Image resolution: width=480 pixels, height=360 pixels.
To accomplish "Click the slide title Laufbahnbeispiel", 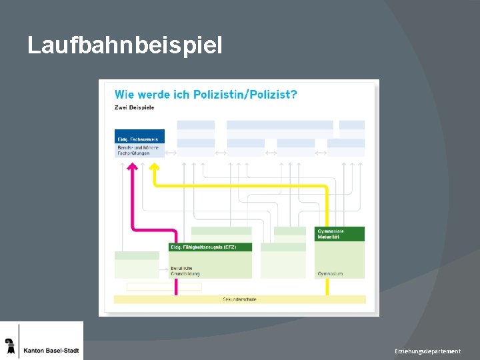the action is tap(125, 45).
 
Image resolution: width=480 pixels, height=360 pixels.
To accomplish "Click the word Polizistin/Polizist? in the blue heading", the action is tap(245, 95).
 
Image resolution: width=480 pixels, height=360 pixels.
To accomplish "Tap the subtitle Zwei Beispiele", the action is tap(135, 107).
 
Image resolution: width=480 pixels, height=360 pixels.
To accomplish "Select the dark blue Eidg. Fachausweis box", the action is tap(139, 137).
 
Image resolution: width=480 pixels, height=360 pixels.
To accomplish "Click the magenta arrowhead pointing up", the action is tap(133, 167).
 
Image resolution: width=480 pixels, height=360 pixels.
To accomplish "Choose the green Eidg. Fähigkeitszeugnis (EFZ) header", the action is tap(210, 247).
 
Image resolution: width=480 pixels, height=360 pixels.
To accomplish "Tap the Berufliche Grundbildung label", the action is tap(186, 271).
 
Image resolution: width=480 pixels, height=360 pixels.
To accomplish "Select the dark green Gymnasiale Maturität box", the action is tap(340, 233).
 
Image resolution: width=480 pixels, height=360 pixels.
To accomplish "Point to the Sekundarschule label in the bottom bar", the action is tap(239, 299).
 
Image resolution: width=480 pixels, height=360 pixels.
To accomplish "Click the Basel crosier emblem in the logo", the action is tap(9, 345).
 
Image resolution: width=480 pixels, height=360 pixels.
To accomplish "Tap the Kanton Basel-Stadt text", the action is tap(51, 351).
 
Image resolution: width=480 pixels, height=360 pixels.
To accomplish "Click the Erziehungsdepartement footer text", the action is tap(427, 351).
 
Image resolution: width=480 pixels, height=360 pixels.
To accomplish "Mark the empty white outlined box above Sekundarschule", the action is tap(164, 287).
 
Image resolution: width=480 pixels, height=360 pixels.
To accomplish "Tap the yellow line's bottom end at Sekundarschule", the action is tap(327, 292).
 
